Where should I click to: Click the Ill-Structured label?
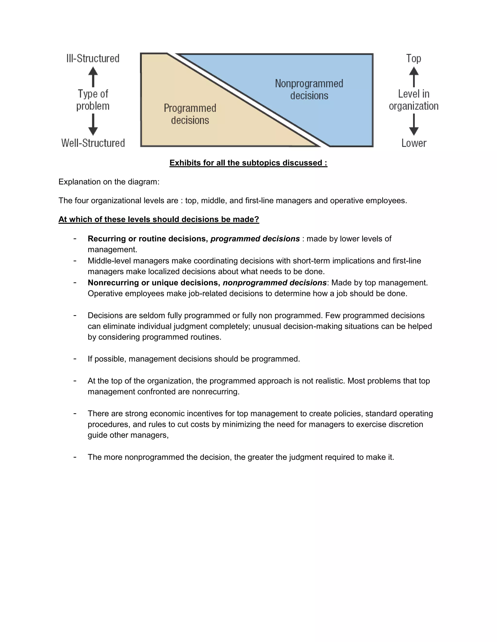93,58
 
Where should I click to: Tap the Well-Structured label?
93,143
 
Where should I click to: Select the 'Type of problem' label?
93,100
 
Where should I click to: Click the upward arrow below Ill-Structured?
93,76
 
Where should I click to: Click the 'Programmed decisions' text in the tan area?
190,114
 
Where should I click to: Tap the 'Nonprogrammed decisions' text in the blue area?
309,89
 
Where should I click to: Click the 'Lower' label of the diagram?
414,143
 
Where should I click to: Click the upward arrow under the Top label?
414,76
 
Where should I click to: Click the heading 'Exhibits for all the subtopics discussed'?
248,163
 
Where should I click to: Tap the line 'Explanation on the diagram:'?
109,182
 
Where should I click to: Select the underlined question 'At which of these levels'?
159,219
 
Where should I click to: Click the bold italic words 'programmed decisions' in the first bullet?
255,239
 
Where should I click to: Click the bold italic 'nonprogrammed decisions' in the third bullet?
274,282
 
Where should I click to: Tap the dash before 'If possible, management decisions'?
75,359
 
